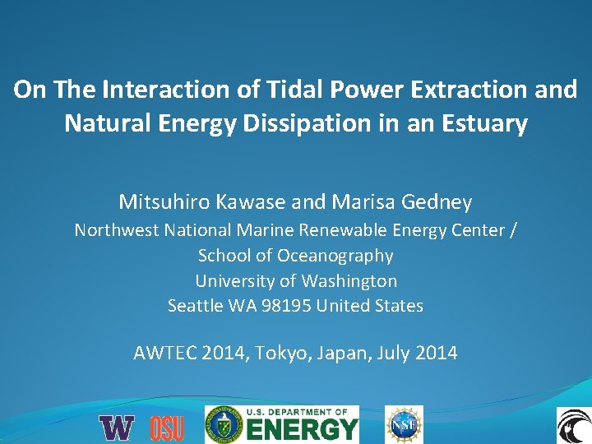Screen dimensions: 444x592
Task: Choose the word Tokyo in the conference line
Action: [280, 354]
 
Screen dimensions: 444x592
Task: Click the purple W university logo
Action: [117, 428]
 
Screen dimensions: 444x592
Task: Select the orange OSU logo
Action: [167, 428]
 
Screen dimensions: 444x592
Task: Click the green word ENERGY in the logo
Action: [303, 429]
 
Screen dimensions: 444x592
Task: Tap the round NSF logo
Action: [405, 425]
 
